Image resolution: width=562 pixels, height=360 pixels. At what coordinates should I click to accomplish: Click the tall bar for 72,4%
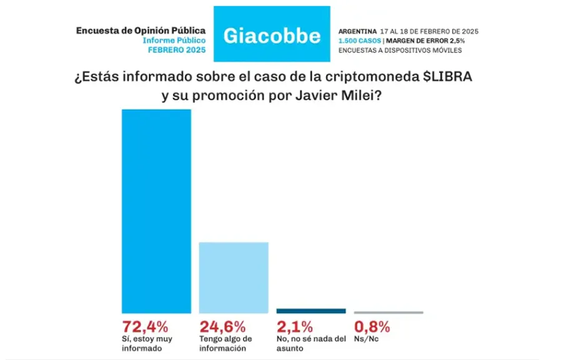pyautogui.click(x=156, y=211)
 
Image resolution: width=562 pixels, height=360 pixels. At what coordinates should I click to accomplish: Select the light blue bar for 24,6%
pyautogui.click(x=234, y=277)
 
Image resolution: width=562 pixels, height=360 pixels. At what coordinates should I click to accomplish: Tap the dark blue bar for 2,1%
pyautogui.click(x=310, y=311)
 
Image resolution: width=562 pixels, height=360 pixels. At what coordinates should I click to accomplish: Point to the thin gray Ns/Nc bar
pyautogui.click(x=388, y=312)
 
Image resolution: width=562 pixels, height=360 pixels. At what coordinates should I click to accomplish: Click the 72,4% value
pyautogui.click(x=145, y=326)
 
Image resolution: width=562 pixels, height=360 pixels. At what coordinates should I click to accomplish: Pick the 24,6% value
pyautogui.click(x=223, y=326)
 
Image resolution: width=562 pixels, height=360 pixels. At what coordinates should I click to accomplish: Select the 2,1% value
pyautogui.click(x=295, y=326)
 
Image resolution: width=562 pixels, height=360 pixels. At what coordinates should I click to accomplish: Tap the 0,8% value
pyautogui.click(x=372, y=326)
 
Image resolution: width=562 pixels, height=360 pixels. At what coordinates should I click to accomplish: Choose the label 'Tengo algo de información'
pyautogui.click(x=225, y=343)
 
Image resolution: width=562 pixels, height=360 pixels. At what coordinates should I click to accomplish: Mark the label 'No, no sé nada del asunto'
pyautogui.click(x=310, y=343)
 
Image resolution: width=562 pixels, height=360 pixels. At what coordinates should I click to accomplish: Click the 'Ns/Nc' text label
pyautogui.click(x=366, y=339)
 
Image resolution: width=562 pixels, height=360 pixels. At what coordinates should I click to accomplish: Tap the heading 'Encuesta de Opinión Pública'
pyautogui.click(x=140, y=30)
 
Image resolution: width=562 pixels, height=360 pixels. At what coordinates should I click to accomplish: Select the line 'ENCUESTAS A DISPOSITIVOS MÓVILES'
pyautogui.click(x=400, y=50)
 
